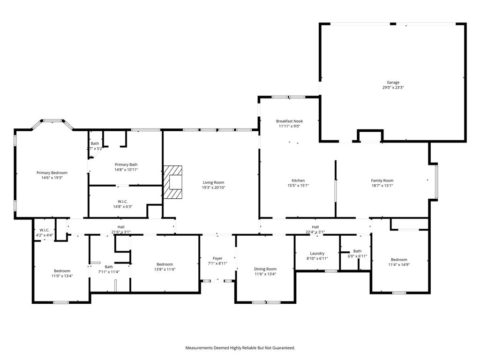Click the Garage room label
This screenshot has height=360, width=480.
tap(393, 82)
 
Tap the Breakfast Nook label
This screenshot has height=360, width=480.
tap(289, 121)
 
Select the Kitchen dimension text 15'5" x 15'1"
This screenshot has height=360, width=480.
tap(298, 186)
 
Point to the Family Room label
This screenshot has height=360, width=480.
tap(382, 180)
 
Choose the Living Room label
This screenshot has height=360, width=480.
tap(213, 182)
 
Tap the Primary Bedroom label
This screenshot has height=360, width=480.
tap(52, 172)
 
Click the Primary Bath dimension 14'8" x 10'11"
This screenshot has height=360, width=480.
tap(126, 170)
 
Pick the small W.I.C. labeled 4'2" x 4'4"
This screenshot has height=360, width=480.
tap(45, 230)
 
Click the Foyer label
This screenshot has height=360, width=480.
tap(217, 258)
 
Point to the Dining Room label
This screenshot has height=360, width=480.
tap(265, 269)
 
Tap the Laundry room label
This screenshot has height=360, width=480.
tap(317, 253)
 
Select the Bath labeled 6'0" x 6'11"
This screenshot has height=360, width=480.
tap(357, 251)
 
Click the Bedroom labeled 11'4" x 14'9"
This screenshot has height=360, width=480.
tap(399, 259)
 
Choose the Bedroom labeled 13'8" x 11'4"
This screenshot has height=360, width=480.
tap(165, 264)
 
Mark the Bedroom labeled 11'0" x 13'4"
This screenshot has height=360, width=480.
tap(62, 270)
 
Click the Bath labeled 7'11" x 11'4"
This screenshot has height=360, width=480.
tap(109, 267)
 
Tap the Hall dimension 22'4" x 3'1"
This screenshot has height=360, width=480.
tap(315, 232)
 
